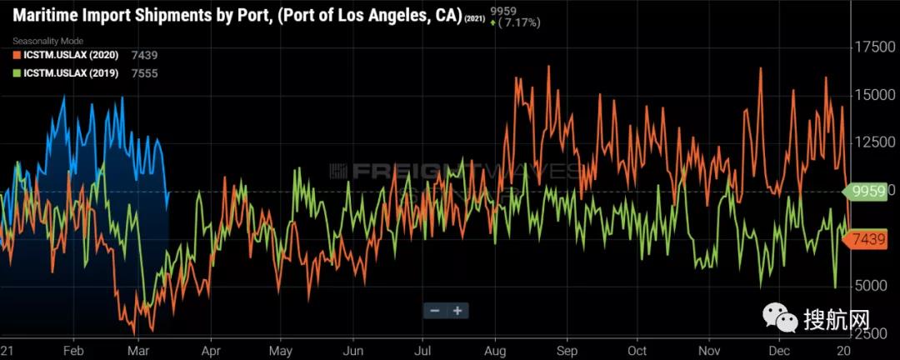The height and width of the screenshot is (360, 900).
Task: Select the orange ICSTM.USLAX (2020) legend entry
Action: (x=71, y=55)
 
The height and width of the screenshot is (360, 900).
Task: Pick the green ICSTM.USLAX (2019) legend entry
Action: (x=71, y=73)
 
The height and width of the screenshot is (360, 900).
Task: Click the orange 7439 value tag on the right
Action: (x=867, y=240)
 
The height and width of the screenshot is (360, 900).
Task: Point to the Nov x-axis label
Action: (x=709, y=352)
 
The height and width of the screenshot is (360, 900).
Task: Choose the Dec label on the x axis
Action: (x=780, y=352)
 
